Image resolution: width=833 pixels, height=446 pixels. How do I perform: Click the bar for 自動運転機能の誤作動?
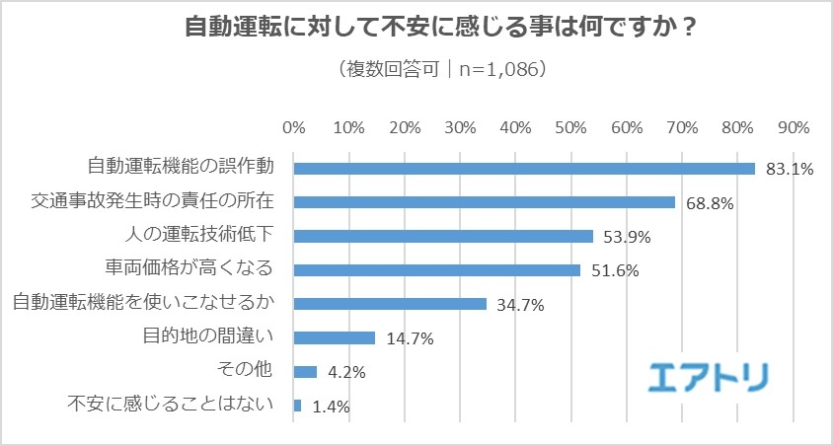524,168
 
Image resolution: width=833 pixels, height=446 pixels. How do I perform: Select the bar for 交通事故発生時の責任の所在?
485,201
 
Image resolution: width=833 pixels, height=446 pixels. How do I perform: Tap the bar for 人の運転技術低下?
443,236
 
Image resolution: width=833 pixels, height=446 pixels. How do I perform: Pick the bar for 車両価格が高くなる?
437,269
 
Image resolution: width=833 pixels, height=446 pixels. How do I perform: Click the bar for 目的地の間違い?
335,337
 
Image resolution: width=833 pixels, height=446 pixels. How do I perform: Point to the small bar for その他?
305,372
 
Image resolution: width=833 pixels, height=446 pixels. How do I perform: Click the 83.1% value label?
789,169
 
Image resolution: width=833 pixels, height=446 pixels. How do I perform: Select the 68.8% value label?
709,203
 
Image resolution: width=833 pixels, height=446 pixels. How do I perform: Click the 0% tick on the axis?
294,128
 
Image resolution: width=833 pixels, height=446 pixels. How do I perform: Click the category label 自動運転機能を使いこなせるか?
143,303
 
